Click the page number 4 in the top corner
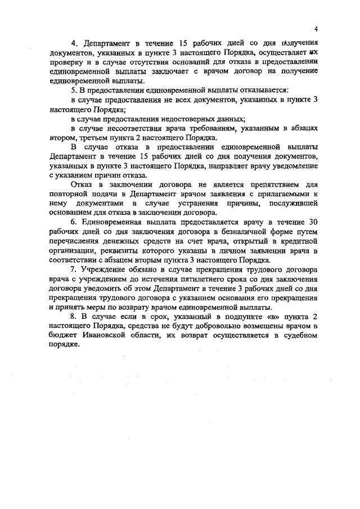316,29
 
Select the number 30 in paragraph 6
312,223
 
